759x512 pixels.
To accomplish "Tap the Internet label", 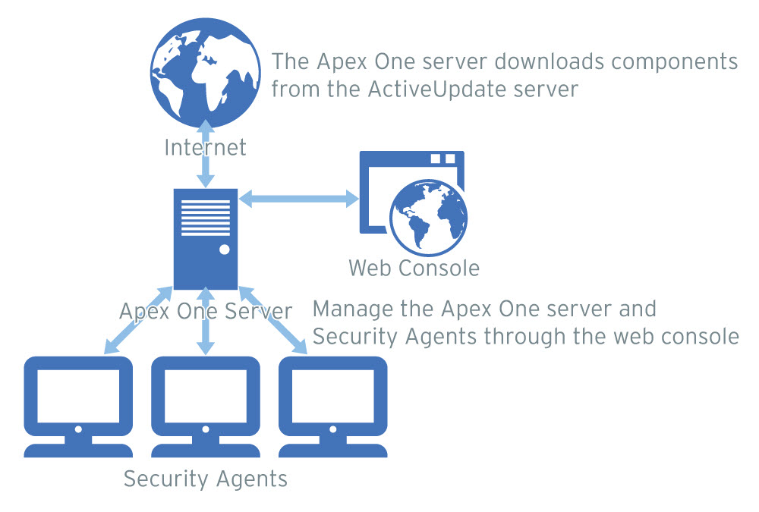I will (205, 146).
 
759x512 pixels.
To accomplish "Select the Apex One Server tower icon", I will (205, 238).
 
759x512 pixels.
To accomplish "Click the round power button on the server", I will (224, 250).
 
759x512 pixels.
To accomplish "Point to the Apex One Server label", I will (205, 310).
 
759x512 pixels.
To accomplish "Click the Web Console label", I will (414, 268).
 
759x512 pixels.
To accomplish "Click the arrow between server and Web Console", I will (298, 199).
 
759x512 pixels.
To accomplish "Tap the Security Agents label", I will (205, 479).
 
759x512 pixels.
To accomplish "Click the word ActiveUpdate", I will (432, 90).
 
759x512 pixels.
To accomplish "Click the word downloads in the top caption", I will (524, 61).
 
